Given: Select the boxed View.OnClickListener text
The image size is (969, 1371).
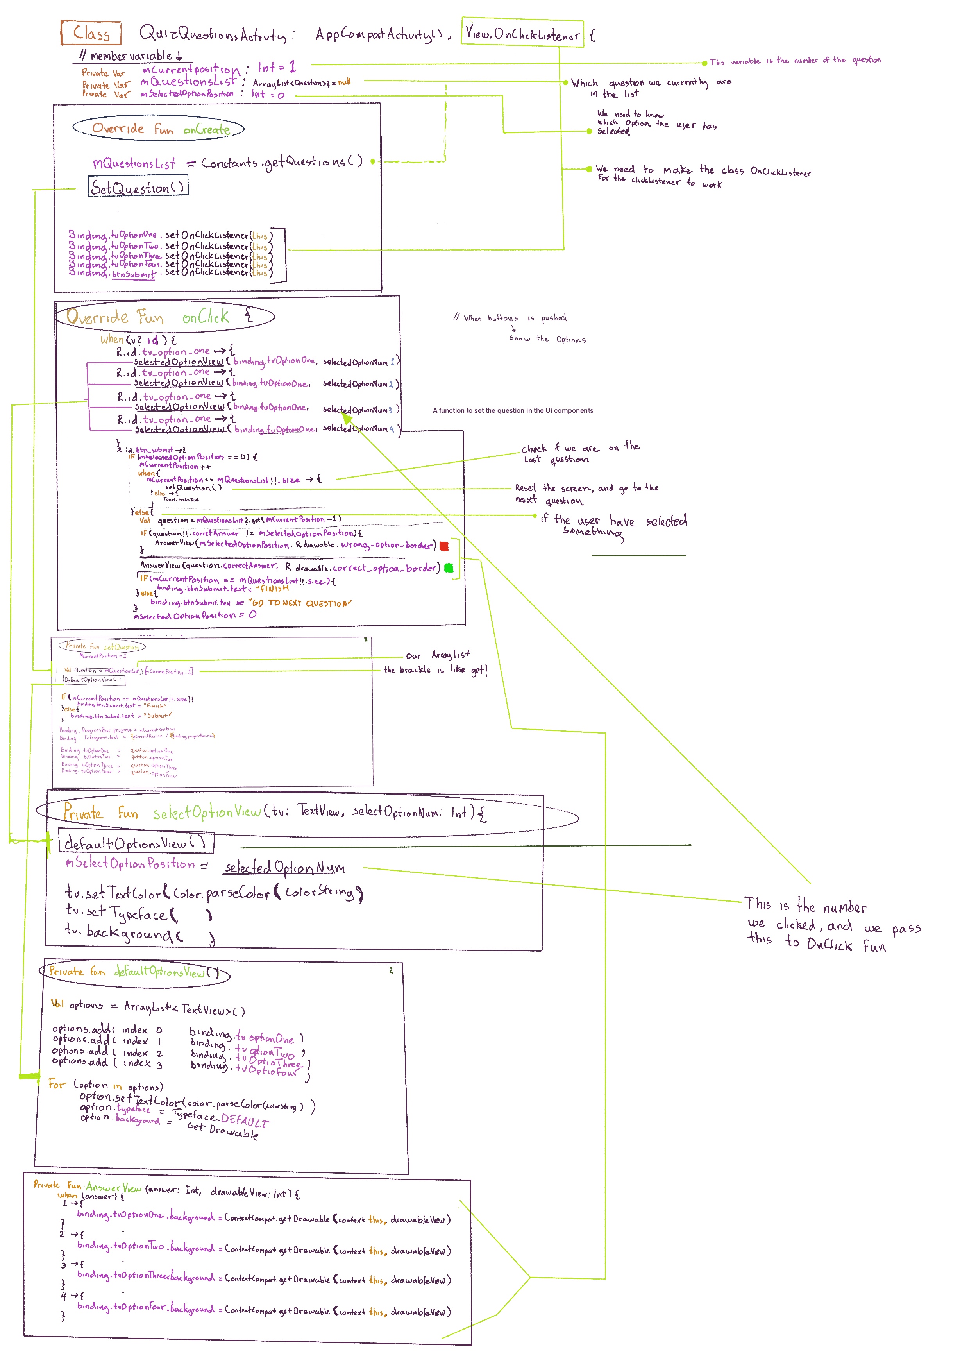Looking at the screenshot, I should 522,34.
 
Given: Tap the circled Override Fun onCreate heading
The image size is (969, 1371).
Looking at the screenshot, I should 159,128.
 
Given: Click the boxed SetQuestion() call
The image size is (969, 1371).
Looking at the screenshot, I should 138,186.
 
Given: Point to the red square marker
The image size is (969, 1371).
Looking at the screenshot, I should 443,546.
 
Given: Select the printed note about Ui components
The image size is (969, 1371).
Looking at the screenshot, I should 513,410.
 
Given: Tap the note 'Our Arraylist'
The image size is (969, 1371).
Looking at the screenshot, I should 438,655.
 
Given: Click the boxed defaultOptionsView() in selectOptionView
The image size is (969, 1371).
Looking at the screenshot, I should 136,843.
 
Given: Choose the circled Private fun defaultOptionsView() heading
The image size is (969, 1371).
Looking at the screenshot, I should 134,972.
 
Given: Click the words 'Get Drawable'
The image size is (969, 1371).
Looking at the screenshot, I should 223,1130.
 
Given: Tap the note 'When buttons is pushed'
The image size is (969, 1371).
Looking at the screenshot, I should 510,318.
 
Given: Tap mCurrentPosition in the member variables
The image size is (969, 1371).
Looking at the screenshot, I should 191,70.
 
